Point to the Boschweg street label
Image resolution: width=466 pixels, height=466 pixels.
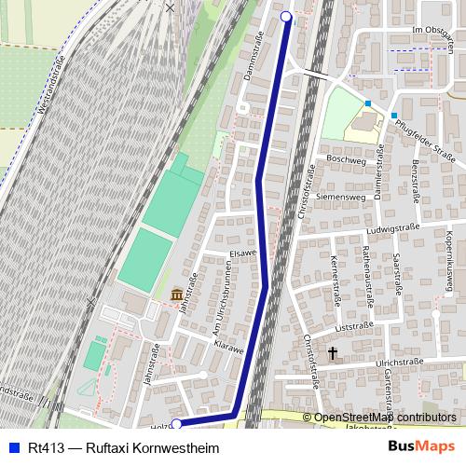(347, 159)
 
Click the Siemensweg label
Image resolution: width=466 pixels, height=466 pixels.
(340, 198)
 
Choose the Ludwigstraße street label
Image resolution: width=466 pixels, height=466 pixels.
(394, 226)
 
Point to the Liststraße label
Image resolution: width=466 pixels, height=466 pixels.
(359, 328)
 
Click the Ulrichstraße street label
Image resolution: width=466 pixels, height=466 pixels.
(393, 361)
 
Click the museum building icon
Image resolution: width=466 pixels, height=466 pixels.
(176, 295)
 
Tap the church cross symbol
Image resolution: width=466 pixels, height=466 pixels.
(333, 352)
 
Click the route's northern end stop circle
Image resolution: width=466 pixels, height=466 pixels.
(286, 17)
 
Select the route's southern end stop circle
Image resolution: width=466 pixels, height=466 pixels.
(176, 424)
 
